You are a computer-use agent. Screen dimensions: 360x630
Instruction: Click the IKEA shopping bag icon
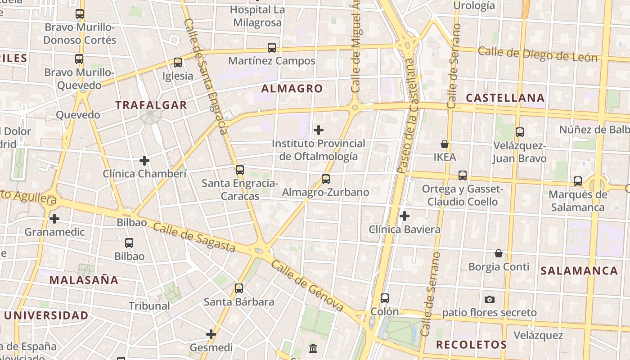[445, 144]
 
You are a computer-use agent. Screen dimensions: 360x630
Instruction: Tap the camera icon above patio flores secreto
[490, 299]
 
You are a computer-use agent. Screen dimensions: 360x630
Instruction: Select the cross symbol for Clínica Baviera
[405, 216]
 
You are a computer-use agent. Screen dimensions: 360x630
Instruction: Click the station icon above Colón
[385, 298]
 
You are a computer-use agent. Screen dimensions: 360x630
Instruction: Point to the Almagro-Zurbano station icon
[326, 179]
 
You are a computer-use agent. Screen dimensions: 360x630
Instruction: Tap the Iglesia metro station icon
[178, 63]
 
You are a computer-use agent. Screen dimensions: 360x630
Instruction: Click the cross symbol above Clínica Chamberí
[144, 161]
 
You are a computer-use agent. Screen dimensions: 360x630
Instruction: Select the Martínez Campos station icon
[272, 48]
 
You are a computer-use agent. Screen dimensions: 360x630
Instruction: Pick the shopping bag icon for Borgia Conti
[499, 253]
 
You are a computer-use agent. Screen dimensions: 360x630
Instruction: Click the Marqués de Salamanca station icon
[578, 181]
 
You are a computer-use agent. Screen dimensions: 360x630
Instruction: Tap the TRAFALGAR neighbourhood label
[151, 105]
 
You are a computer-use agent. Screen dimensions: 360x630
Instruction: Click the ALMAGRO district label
[292, 89]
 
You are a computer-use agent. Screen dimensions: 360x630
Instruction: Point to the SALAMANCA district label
[579, 271]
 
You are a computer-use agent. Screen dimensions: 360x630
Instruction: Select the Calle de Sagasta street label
[194, 237]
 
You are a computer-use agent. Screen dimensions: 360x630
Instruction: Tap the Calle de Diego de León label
[537, 54]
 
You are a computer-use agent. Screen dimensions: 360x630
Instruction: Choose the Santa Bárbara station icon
[239, 288]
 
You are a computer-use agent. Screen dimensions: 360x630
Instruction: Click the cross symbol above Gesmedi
[211, 334]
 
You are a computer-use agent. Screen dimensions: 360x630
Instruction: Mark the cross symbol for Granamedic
[54, 219]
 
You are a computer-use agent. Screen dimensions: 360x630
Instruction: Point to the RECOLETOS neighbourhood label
[472, 345]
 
